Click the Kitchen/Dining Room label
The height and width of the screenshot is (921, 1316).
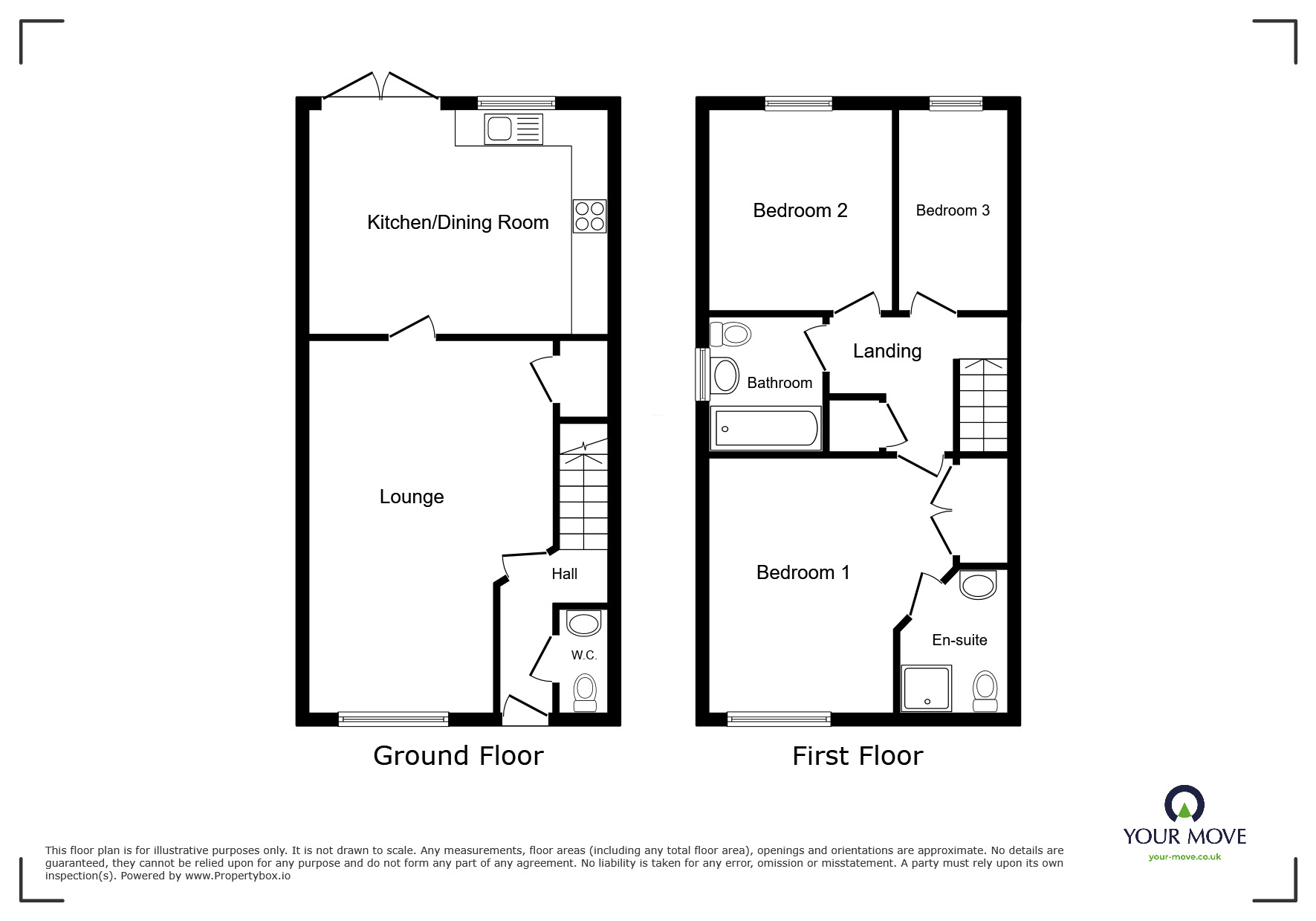[x=458, y=222]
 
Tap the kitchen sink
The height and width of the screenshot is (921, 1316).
[x=513, y=129]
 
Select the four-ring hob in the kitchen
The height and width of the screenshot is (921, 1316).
[x=589, y=216]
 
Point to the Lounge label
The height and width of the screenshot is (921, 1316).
[x=412, y=497]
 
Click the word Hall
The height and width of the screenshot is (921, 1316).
[x=565, y=574]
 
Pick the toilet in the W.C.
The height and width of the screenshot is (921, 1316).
[x=586, y=692]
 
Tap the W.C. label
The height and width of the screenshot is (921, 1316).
[x=584, y=655]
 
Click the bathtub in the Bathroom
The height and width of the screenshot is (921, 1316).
[x=766, y=428]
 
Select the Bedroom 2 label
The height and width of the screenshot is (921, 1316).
[x=800, y=210]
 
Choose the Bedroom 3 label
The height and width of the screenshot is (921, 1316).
[x=953, y=210]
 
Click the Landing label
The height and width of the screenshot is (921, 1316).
[x=887, y=351]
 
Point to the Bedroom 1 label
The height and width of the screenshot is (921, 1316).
[x=803, y=572]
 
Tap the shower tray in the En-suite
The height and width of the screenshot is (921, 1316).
[x=927, y=688]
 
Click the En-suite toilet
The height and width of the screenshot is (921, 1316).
[x=985, y=691]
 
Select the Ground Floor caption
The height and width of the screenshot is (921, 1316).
[x=458, y=755]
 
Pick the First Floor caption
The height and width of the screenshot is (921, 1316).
[x=858, y=756]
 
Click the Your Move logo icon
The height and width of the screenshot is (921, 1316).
[x=1184, y=804]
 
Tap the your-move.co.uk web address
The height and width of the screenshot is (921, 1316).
[x=1185, y=857]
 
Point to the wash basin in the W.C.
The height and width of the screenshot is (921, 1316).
[x=584, y=623]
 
